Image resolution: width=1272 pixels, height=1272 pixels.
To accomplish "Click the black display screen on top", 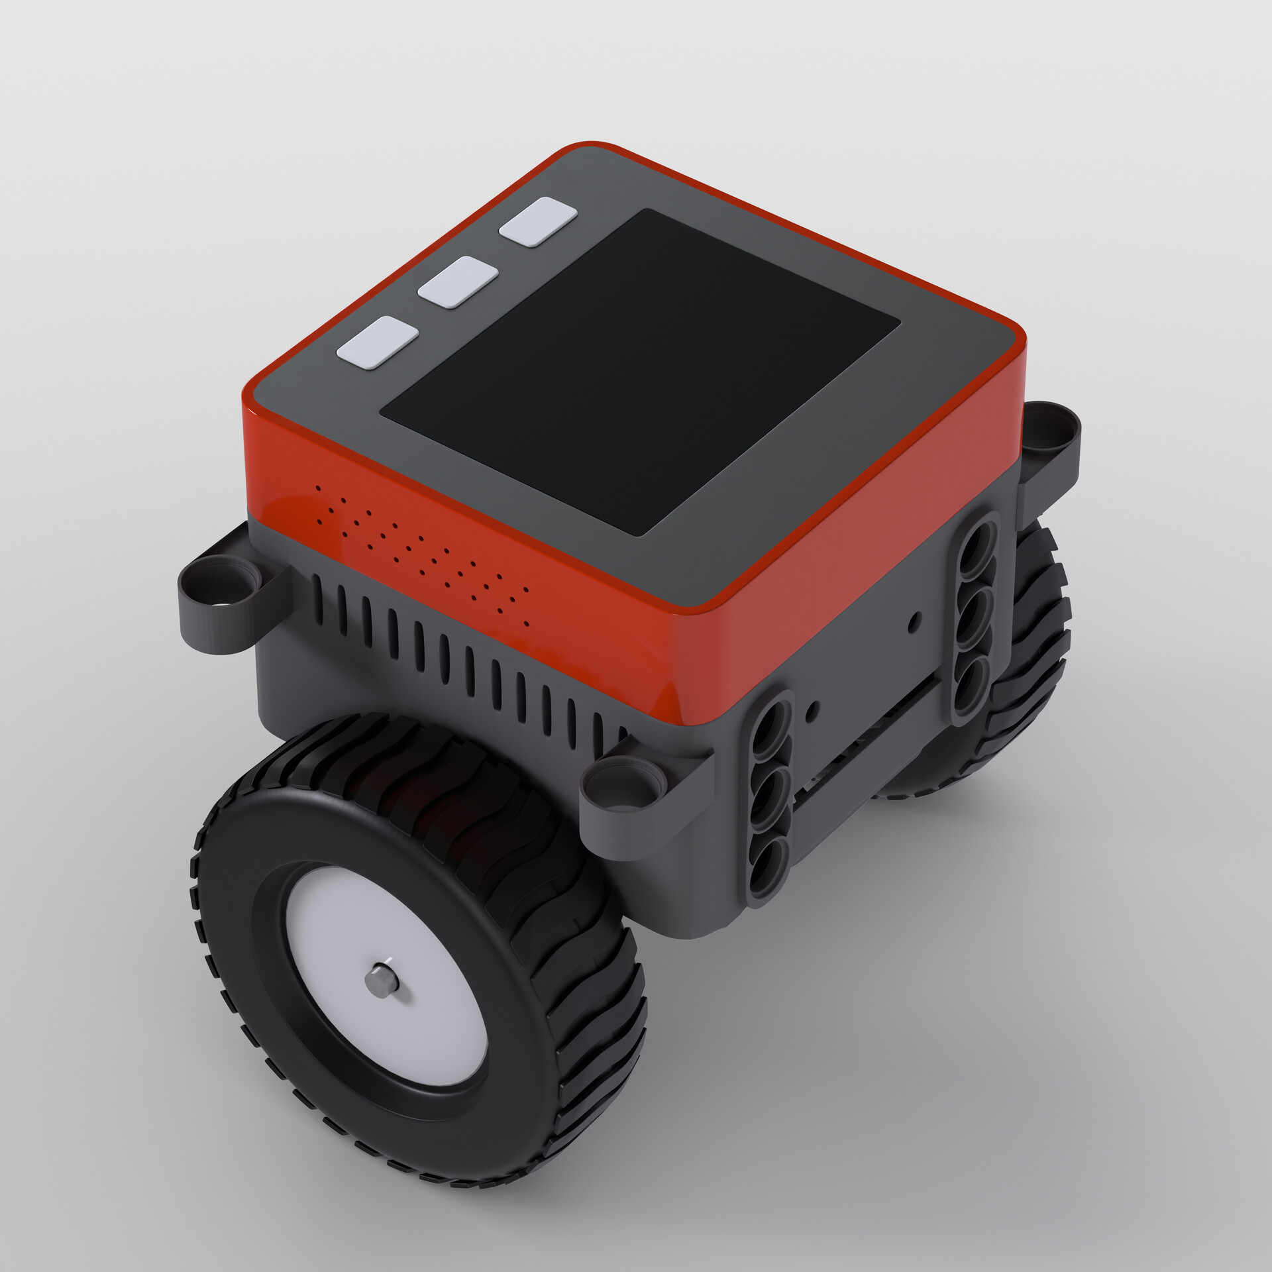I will click(639, 371).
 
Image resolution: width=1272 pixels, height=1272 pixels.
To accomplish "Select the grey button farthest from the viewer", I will click(538, 221).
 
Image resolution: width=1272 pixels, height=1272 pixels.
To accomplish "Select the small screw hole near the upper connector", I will click(914, 619).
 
